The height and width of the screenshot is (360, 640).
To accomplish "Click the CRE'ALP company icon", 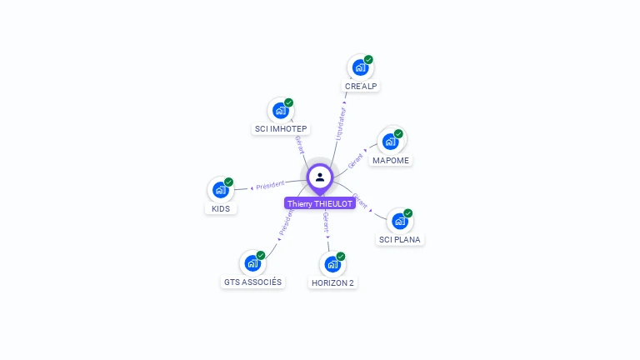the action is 360,67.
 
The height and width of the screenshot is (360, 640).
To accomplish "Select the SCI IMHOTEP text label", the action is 280,129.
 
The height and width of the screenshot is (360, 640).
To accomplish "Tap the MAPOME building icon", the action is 390,141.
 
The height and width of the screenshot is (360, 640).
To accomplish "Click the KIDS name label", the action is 221,208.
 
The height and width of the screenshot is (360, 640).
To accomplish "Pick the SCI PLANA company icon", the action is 400,221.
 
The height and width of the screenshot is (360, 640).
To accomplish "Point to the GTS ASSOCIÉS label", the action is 252,282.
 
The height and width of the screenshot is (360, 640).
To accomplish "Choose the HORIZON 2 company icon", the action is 332,264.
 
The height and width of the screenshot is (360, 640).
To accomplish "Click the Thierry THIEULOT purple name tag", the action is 320,203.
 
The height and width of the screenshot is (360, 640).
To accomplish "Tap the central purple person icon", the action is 320,177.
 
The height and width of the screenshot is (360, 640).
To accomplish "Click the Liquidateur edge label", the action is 339,122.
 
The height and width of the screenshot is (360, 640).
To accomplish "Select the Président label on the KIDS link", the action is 270,185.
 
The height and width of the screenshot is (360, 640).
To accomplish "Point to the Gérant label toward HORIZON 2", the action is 326,222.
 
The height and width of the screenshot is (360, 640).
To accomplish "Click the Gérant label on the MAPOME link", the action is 356,161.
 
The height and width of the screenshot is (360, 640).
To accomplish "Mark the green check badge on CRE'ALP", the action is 368,60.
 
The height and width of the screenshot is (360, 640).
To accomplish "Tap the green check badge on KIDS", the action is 229,182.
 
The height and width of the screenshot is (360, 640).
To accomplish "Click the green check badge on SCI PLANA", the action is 408,213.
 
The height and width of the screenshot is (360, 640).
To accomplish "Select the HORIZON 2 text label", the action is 332,282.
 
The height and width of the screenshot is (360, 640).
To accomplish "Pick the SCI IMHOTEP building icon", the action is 281,110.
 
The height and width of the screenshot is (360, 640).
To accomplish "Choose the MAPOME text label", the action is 391,160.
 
